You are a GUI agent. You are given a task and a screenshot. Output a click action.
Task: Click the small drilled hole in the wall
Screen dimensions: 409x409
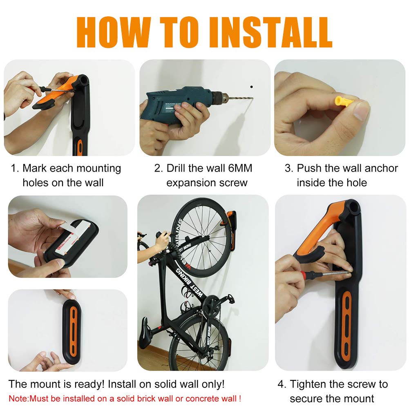[x=252, y=87]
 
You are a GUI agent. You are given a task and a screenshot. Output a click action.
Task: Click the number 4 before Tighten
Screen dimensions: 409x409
[x=281, y=384]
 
